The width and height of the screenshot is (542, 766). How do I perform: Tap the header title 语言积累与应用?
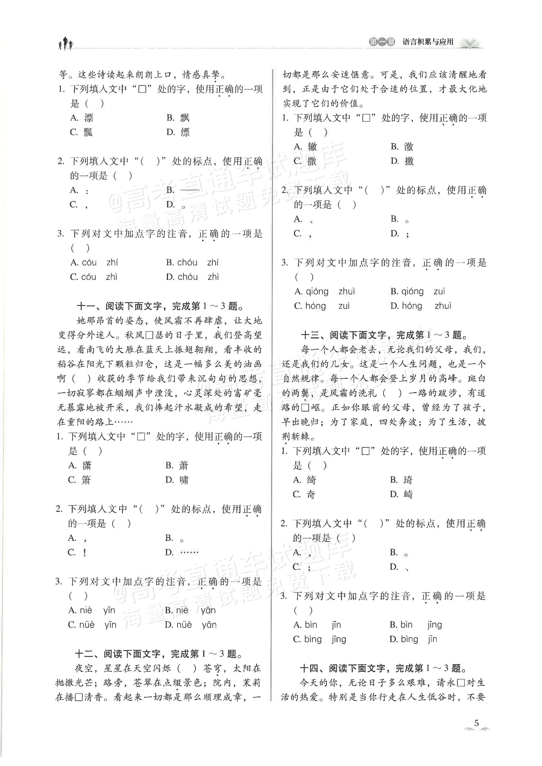click(x=428, y=42)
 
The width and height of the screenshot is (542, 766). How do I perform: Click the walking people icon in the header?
click(x=66, y=43)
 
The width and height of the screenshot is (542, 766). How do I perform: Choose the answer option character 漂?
click(x=89, y=118)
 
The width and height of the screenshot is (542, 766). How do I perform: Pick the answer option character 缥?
click(x=185, y=132)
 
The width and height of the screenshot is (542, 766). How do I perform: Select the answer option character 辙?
click(x=312, y=147)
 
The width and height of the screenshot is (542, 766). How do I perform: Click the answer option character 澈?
click(x=409, y=147)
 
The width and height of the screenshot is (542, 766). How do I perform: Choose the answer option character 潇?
click(x=86, y=465)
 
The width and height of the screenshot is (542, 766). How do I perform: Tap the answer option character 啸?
click(x=184, y=480)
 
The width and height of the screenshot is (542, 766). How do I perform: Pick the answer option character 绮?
click(x=311, y=480)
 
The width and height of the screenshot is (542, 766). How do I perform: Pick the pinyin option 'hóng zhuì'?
click(x=420, y=306)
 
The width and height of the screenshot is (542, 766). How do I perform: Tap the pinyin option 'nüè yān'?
click(x=191, y=625)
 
